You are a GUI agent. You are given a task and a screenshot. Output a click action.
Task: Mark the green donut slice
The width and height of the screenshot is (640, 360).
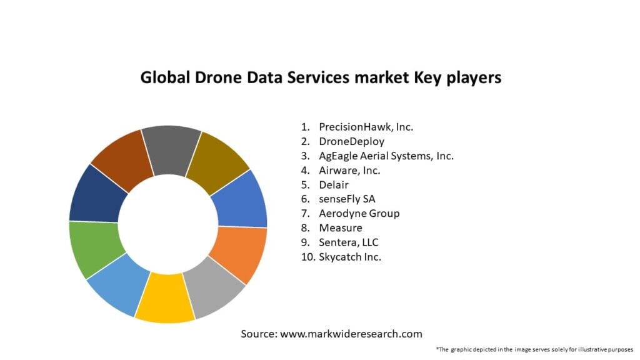click(x=94, y=247)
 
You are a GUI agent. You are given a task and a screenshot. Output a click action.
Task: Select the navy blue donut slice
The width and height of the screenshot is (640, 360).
click(x=97, y=194)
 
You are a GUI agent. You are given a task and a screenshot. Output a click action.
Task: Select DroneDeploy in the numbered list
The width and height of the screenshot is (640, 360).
click(x=351, y=141)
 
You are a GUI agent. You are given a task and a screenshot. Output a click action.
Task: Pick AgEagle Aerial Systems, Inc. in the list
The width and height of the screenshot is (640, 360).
click(x=386, y=156)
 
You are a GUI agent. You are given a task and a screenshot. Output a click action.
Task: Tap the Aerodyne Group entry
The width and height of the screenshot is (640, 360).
click(x=359, y=213)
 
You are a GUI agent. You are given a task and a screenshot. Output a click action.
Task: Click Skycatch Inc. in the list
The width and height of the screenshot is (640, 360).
click(x=350, y=257)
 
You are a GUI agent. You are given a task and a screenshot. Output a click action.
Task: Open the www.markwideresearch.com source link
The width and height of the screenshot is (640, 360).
click(x=351, y=334)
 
